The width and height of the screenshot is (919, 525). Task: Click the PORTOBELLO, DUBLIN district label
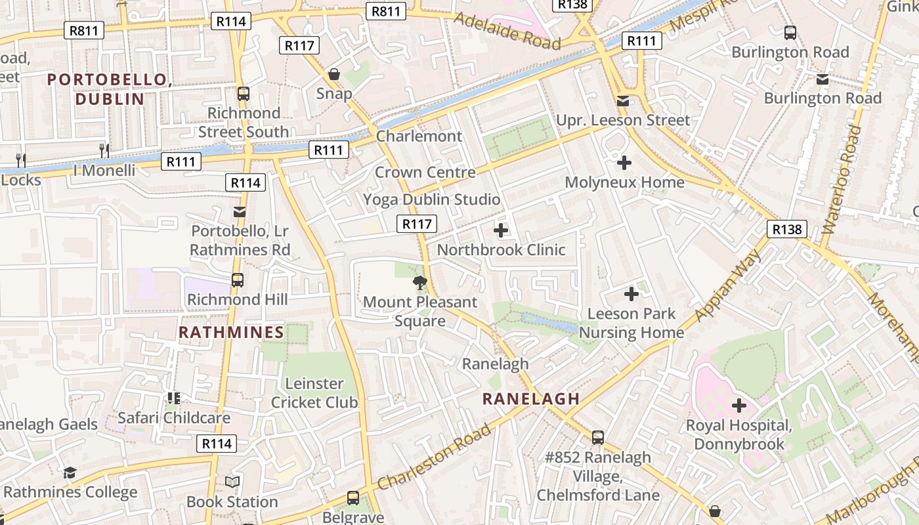click(110, 89)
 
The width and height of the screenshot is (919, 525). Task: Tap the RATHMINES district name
click(231, 332)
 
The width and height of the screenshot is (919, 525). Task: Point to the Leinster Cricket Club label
click(314, 393)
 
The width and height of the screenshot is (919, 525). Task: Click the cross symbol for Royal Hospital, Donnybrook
click(739, 406)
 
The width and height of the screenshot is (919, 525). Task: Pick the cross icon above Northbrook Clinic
click(501, 230)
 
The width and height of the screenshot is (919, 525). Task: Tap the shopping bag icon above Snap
click(334, 74)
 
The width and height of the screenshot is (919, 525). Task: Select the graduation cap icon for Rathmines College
click(70, 472)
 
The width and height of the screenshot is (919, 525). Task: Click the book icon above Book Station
click(232, 482)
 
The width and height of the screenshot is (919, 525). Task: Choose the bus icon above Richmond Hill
click(238, 280)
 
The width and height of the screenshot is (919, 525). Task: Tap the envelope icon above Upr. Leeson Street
click(622, 101)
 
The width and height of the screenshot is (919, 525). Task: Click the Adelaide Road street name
click(507, 31)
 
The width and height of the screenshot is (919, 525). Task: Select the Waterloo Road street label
click(842, 180)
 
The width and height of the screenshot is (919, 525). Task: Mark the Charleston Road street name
click(434, 457)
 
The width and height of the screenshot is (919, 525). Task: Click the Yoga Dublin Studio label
click(432, 199)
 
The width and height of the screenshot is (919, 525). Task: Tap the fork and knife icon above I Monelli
click(104, 150)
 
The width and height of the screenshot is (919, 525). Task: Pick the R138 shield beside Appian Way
click(786, 229)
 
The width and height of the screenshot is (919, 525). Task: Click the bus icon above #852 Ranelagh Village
click(597, 438)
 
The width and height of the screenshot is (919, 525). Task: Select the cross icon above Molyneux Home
click(624, 163)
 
